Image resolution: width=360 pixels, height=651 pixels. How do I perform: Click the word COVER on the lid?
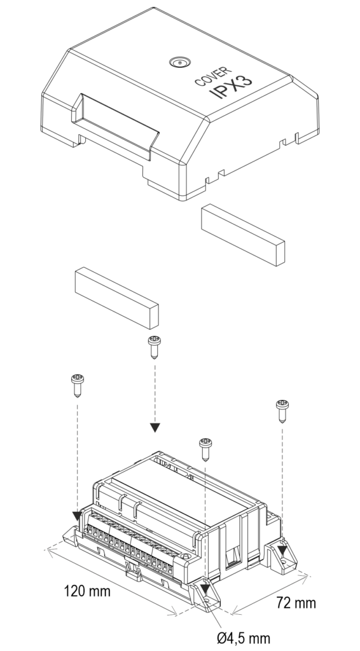(x=213, y=76)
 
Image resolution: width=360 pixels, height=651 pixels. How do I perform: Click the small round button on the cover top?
(x=180, y=63)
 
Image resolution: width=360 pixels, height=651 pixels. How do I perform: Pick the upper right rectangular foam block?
(x=243, y=235)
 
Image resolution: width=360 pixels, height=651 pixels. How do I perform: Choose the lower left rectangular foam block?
(x=116, y=298)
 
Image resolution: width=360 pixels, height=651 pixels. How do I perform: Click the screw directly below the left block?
(x=155, y=347)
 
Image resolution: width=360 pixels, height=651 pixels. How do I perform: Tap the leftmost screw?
(x=78, y=385)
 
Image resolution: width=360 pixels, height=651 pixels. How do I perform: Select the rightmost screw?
(x=282, y=411)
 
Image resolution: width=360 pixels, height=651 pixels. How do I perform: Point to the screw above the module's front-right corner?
(x=205, y=449)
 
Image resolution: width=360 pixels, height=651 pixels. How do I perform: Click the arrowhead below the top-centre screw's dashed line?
(x=155, y=428)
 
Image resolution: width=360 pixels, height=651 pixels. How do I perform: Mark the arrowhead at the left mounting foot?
(x=77, y=516)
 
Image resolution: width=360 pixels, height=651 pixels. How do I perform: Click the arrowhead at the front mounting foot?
(x=205, y=589)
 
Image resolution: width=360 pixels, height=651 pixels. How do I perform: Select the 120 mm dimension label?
(x=87, y=591)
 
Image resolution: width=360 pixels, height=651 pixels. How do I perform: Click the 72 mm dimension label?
(x=296, y=603)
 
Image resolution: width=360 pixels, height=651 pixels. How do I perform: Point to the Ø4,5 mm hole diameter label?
(x=244, y=638)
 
